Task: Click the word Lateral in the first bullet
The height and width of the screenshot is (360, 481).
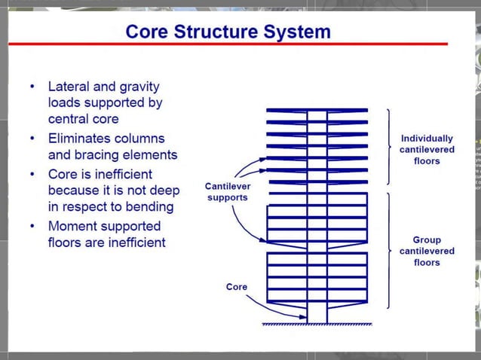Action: point(71,87)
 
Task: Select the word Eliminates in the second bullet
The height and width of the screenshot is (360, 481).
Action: point(84,139)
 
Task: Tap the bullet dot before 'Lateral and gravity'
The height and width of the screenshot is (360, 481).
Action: point(32,87)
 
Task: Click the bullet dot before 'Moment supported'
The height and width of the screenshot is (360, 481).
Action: point(32,226)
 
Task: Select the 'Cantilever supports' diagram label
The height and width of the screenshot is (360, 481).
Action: point(228,192)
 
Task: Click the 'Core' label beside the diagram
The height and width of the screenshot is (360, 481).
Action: point(237,287)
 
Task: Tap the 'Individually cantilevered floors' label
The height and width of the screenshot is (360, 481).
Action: point(427,149)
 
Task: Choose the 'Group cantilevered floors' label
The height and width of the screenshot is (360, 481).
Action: point(427,251)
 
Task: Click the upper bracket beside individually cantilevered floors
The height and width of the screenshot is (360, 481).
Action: point(388,147)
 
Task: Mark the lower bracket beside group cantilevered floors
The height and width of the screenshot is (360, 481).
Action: point(388,250)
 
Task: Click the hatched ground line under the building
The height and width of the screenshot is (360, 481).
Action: point(317,325)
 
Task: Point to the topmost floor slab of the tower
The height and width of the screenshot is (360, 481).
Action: point(317,111)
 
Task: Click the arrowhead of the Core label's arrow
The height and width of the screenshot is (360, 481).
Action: point(305,317)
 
